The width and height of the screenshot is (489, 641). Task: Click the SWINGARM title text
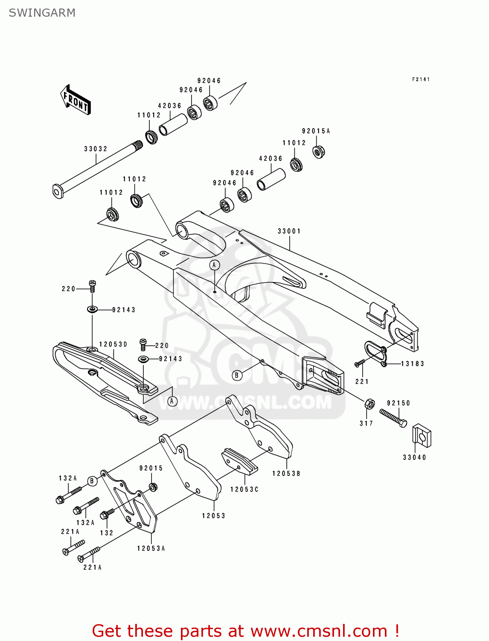(x=42, y=13)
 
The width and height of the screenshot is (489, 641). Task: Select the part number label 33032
(x=96, y=149)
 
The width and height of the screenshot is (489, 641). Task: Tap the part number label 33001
(x=289, y=231)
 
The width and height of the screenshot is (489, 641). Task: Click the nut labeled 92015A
(x=318, y=152)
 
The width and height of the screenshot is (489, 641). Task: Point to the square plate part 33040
(x=422, y=436)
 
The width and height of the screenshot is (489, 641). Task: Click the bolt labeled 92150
(x=393, y=418)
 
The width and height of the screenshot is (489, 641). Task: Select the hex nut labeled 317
(x=370, y=404)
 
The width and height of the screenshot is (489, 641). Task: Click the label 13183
(x=412, y=364)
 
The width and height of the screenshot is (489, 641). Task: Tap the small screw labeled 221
(x=360, y=363)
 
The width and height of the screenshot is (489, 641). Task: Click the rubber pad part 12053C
(x=239, y=461)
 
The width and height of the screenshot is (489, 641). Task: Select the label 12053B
(x=286, y=473)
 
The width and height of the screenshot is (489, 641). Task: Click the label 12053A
(x=151, y=548)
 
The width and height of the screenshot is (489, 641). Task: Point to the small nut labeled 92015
(x=153, y=487)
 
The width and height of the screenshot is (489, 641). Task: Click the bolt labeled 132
(x=107, y=514)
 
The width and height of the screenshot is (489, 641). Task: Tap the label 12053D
(x=113, y=344)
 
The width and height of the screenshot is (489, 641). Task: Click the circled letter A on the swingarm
(x=215, y=265)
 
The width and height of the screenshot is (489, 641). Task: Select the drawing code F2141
(x=421, y=79)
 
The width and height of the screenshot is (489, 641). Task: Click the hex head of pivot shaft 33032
(x=58, y=191)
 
